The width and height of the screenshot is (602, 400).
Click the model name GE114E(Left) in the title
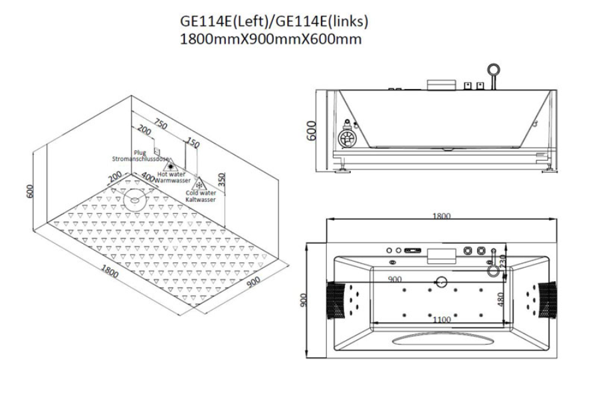point(225,21)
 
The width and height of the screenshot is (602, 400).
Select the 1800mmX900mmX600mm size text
point(270,39)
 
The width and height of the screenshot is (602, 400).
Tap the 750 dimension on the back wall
point(160,124)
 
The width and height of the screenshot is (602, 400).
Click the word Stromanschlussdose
point(136,159)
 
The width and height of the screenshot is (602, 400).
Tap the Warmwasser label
point(173,180)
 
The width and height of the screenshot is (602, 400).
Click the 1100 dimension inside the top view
point(441,320)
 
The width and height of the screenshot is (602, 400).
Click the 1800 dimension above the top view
point(441,216)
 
